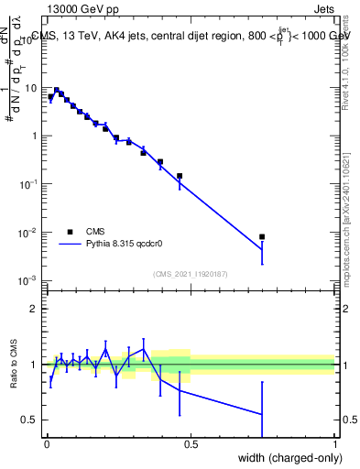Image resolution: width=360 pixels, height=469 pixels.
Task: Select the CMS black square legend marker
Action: [x=70, y=232]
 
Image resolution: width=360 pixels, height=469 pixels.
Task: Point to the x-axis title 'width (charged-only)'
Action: [x=285, y=457]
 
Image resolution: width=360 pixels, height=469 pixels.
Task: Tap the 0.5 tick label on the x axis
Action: [x=191, y=444]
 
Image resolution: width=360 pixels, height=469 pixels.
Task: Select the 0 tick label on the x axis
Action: [x=48, y=444]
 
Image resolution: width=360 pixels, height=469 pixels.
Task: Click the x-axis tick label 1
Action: [x=335, y=444]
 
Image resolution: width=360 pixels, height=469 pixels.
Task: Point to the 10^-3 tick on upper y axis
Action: [x=31, y=280]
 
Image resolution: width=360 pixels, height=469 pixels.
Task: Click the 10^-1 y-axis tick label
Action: [x=31, y=184]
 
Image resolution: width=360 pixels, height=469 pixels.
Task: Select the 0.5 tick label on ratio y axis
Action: [x=32, y=420]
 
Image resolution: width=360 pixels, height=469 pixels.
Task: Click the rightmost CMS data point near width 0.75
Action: [x=262, y=237]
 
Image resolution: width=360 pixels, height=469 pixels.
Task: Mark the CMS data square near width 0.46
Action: [x=180, y=176]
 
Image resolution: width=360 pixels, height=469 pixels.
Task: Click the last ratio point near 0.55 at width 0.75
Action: [x=262, y=414]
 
